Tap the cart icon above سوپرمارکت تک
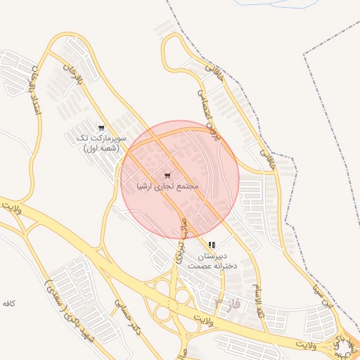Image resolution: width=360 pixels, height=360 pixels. click(102, 128)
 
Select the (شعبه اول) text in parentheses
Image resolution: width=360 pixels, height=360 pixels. click(102, 149)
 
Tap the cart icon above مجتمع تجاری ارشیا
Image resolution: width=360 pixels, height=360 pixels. click(167, 175)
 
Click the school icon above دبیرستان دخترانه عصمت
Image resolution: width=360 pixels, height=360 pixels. click(212, 245)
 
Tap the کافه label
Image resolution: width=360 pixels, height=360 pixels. click(8, 303)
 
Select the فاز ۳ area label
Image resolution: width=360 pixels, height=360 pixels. click(225, 304)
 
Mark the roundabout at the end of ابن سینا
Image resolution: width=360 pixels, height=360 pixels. click(349, 347)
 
